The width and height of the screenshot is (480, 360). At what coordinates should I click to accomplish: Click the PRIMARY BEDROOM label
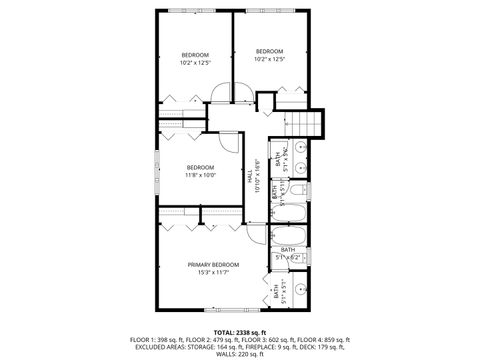point(213,264)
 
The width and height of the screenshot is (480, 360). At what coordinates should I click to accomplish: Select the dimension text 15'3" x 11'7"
point(213,272)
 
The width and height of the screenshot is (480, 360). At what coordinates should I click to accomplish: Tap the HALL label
point(249,175)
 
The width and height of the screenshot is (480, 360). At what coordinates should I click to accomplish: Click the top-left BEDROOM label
point(195,54)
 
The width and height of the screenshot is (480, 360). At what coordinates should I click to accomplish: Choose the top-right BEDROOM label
point(270,51)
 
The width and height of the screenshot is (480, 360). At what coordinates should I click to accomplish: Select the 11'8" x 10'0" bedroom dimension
point(200,175)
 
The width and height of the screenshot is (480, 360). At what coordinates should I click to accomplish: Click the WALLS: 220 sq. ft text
point(239,352)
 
